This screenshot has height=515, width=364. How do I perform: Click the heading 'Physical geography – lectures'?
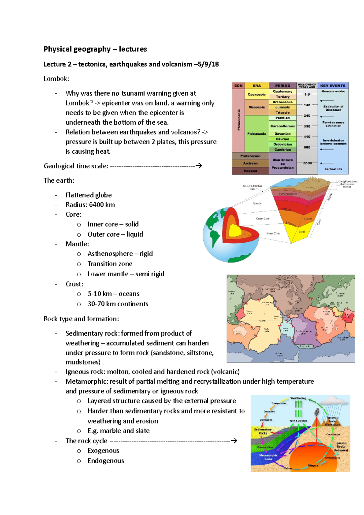pos(95,49)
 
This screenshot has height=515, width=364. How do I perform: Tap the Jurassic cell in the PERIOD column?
pos(282,107)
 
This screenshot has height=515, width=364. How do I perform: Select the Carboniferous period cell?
pos(282,126)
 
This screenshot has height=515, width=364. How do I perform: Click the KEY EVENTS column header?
pos(333,86)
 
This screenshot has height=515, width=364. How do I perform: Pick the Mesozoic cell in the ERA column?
pos(257,107)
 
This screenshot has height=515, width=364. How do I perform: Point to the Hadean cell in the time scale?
pos(250,171)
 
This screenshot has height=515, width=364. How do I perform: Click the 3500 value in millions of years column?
pos(307,163)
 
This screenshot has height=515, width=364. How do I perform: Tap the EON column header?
pos(238,86)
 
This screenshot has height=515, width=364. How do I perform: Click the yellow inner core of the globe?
pos(234,231)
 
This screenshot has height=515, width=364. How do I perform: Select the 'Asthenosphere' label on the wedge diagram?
pos(288,194)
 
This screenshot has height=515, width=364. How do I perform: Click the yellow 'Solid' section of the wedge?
pos(301,232)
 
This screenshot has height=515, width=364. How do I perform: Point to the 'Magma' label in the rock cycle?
pos(313,465)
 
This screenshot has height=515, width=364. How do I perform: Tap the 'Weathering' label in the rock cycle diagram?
pos(298,398)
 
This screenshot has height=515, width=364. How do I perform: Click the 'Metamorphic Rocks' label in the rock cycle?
pos(268,457)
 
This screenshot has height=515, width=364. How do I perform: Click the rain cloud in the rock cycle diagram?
pos(334,402)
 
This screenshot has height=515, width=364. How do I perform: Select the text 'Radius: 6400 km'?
pos(90,205)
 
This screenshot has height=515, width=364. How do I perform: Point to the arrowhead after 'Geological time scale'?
pos(199,166)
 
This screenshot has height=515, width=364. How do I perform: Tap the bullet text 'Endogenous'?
pos(106,461)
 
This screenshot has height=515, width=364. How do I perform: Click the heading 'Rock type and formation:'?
pos(81,319)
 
